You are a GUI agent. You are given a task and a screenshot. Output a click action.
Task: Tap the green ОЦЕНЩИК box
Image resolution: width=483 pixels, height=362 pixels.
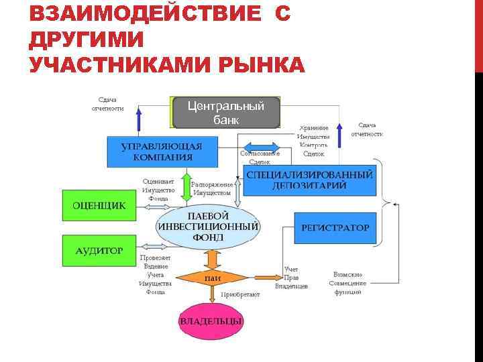click(94, 206)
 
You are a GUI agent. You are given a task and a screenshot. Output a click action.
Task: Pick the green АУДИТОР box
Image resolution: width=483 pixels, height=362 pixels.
click(94, 251)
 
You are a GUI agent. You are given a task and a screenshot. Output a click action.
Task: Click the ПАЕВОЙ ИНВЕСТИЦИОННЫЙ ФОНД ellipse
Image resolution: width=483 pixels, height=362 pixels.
click(207, 226)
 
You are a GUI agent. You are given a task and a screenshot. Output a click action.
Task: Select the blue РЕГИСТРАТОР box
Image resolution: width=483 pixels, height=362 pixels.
click(335, 228)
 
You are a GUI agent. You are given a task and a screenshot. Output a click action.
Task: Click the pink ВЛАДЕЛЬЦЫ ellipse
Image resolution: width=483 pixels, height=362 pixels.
click(211, 321)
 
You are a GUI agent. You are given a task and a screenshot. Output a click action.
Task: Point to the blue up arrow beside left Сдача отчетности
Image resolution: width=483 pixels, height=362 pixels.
click(139, 119)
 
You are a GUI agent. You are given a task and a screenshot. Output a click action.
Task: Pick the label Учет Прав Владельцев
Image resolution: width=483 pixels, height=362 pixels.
click(292, 278)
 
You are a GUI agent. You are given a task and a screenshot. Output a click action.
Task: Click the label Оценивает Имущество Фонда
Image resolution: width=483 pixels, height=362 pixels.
click(158, 190)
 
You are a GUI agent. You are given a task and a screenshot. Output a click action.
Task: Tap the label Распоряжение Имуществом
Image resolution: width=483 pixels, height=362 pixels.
click(212, 188)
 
